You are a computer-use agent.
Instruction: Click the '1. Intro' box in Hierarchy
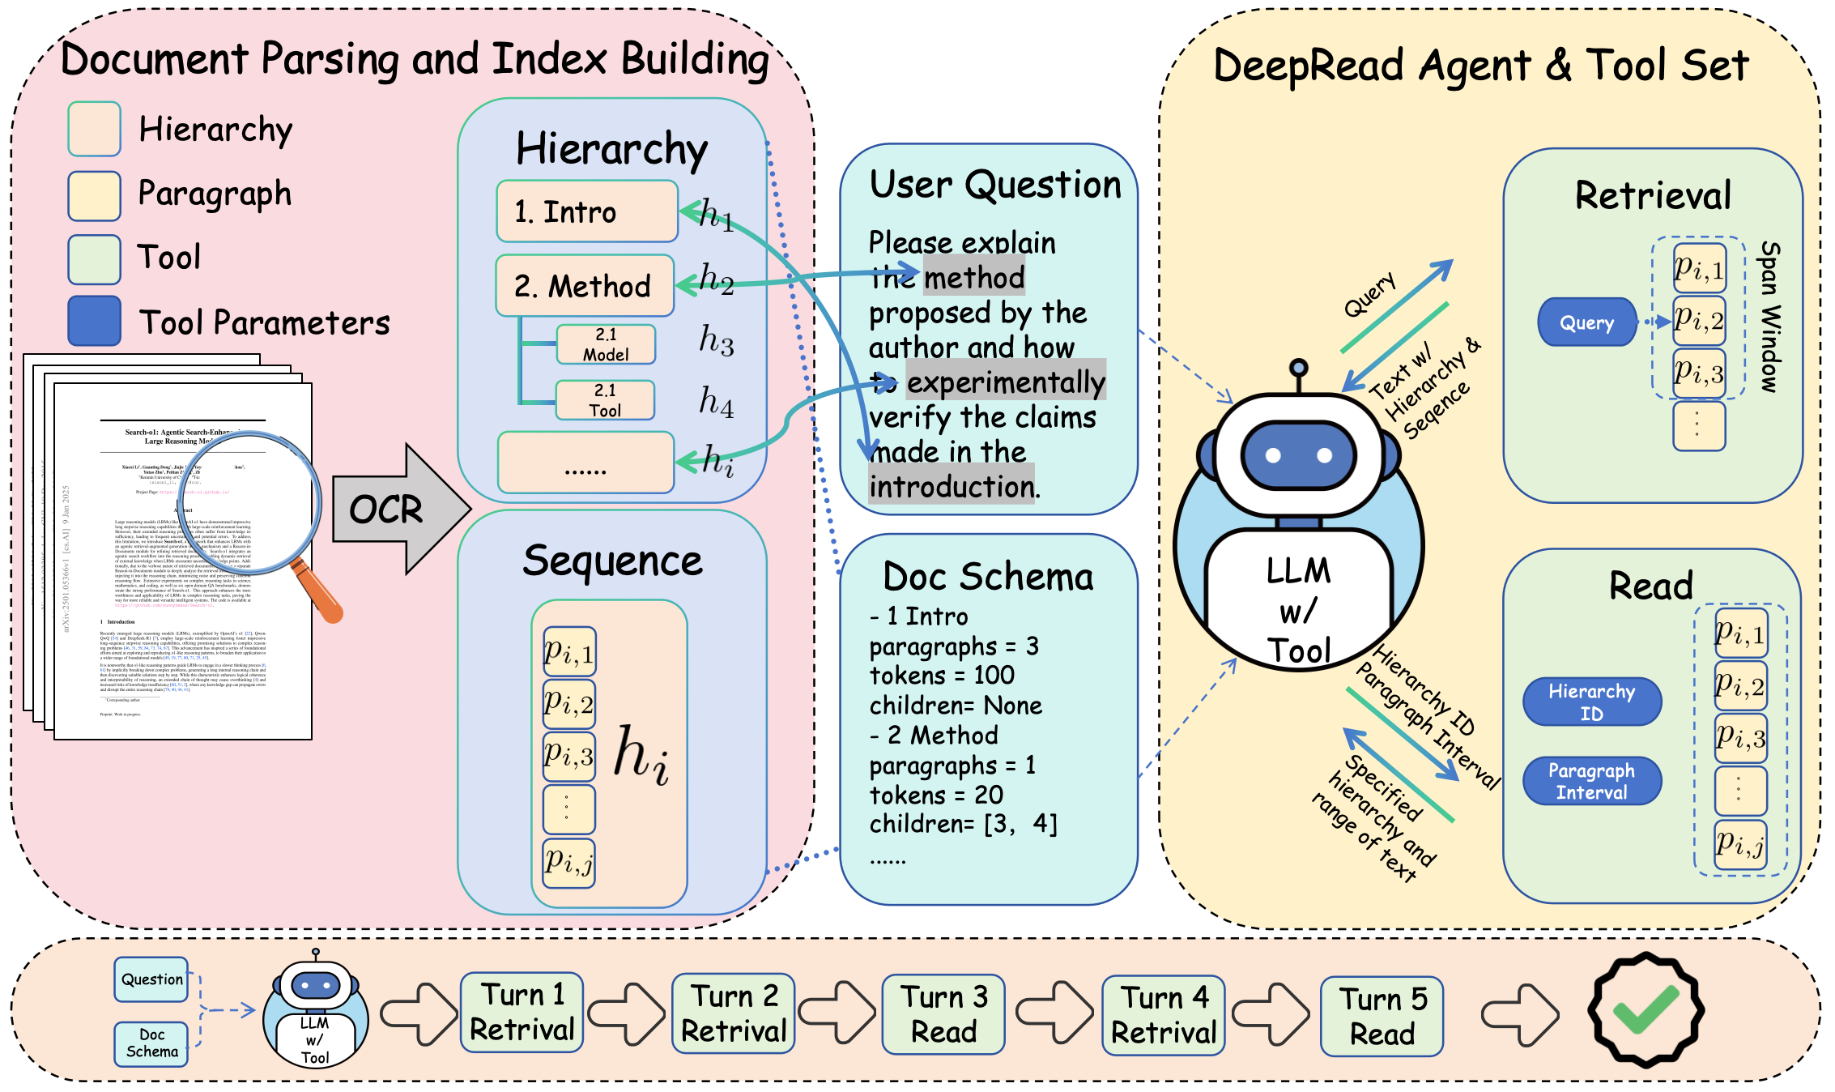(587, 211)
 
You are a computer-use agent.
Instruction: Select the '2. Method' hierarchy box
(585, 286)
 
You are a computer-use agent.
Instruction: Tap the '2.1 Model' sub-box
(606, 344)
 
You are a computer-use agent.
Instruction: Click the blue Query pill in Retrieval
(1586, 322)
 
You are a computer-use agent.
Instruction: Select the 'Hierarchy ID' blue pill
(1591, 702)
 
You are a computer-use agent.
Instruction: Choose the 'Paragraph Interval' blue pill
(1591, 781)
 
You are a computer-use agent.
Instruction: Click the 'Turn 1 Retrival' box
(522, 1013)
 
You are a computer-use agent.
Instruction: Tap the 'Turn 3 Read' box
(943, 1014)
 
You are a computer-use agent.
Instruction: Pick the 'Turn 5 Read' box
(1382, 1016)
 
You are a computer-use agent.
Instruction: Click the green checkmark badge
(1646, 1010)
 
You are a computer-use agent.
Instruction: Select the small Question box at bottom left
(151, 979)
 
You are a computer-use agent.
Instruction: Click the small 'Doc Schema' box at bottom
(151, 1043)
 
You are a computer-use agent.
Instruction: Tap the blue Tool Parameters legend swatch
(95, 322)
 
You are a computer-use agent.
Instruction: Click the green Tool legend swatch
(95, 259)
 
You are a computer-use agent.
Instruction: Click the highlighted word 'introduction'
(951, 487)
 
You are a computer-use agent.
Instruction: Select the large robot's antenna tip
(1299, 368)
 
